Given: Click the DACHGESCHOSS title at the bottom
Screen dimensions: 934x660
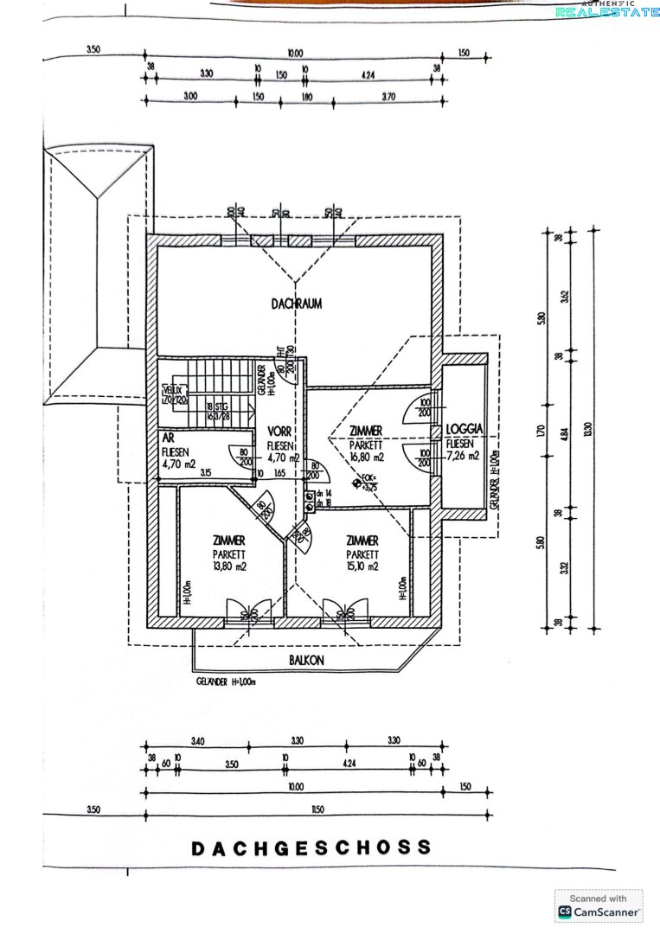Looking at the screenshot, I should coord(311,848).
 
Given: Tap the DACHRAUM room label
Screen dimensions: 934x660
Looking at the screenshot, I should coord(296,304).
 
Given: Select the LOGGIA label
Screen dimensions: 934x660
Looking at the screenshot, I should coord(464,429).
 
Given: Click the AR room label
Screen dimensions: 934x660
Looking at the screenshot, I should coord(168,438).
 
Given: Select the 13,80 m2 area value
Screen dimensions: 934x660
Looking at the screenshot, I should coord(229,567).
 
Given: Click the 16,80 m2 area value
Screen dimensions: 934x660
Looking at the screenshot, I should coord(365,457).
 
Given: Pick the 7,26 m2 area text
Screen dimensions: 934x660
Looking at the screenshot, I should coord(462,456).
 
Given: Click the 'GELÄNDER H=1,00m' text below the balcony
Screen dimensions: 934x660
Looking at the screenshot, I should coord(226,681).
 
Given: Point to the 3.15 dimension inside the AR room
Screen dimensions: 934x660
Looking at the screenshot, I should coord(207,474).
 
